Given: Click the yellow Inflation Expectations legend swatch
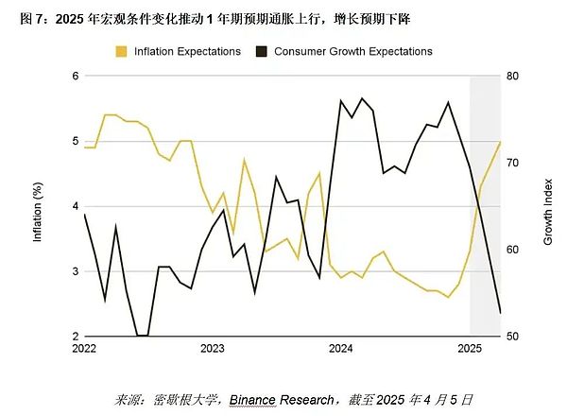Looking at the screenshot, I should (x=122, y=51).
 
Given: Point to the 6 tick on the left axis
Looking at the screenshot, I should (x=75, y=76).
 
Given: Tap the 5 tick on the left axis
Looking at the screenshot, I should (x=75, y=141).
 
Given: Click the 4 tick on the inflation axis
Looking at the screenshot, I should (x=75, y=206).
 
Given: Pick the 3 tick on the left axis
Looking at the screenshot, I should (x=75, y=271).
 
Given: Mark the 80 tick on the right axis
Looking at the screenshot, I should (x=514, y=76).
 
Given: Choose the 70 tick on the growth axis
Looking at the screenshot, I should (x=514, y=163).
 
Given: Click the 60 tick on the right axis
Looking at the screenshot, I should (x=514, y=250).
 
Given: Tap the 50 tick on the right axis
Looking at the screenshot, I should (x=514, y=337).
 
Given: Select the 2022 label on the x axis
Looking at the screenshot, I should (x=84, y=349).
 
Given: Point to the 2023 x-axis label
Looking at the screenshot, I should (x=213, y=349).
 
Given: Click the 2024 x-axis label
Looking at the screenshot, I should (x=341, y=349).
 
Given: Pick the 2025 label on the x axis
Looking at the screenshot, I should (x=470, y=349).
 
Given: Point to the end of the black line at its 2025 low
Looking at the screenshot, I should (x=500, y=313).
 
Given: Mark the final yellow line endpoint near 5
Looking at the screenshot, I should (x=500, y=142).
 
